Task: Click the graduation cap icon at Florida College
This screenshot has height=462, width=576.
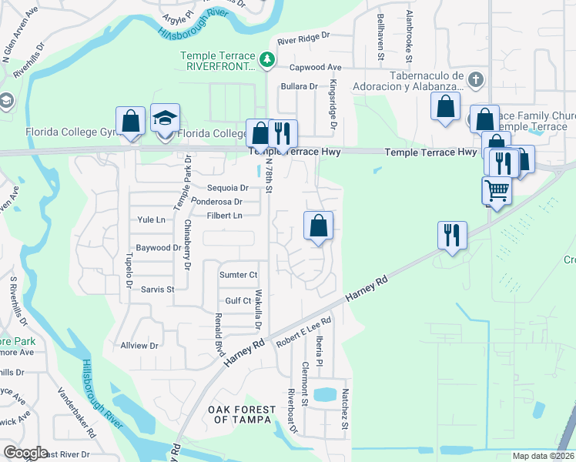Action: (165, 119)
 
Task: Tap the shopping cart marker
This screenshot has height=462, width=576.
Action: (497, 189)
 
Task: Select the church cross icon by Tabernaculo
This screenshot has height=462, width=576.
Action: (476, 79)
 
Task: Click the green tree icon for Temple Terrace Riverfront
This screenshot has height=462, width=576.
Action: (266, 59)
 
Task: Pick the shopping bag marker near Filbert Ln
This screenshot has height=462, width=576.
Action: (318, 226)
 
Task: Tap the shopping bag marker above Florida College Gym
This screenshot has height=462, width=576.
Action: (130, 121)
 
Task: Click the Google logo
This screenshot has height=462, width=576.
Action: (25, 453)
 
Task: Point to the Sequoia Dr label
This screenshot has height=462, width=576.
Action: (228, 188)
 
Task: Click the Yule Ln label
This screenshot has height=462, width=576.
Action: (151, 219)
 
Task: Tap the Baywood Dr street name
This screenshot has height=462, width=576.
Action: (158, 248)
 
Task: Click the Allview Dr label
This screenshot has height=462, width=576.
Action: (139, 346)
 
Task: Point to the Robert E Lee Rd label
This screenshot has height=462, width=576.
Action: (304, 330)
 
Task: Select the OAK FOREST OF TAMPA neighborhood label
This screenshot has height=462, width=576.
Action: (239, 414)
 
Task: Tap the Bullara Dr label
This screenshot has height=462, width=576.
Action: (300, 87)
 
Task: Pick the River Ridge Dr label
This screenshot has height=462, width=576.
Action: (303, 35)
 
